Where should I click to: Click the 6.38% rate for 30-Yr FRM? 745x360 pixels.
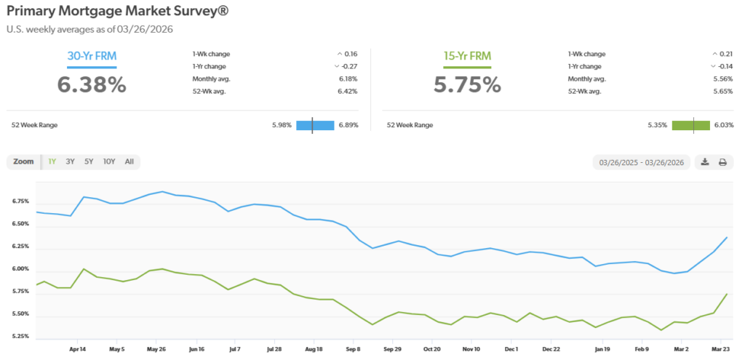[92, 84]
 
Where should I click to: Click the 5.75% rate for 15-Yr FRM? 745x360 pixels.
[467, 84]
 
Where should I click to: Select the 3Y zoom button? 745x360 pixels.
[71, 161]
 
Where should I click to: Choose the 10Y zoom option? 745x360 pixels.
[108, 161]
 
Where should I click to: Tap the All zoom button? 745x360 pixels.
[129, 161]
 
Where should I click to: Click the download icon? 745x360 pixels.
[705, 162]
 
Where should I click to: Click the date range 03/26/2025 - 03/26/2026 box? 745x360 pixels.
[642, 162]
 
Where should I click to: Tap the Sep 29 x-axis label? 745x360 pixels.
[393, 349]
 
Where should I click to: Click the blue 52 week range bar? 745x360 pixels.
[315, 125]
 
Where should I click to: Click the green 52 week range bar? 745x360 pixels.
[690, 125]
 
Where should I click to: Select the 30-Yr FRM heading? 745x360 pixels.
[87, 56]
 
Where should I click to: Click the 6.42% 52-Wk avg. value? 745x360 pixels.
[348, 91]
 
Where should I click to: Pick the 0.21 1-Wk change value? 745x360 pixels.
[722, 54]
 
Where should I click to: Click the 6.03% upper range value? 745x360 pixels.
[724, 125]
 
